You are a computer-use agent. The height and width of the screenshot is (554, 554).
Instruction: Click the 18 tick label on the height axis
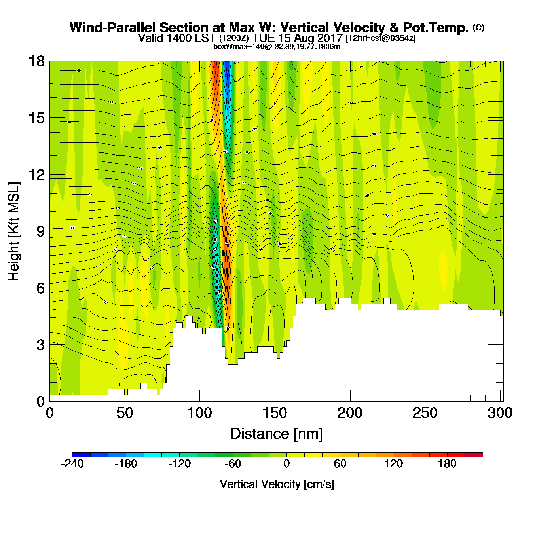coord(36,61)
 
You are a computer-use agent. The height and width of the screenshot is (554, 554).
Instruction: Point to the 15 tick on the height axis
coord(36,118)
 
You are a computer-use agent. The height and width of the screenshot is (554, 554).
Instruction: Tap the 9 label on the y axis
coord(40,231)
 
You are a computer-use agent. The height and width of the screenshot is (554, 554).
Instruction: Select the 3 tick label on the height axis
coord(40,345)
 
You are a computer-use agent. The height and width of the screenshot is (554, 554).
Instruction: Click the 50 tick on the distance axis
coord(125,413)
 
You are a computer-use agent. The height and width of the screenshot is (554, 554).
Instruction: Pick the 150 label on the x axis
coord(275,413)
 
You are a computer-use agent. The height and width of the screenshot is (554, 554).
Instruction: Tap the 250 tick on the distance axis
coord(425,413)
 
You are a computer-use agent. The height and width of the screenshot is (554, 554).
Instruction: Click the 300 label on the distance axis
coord(500,413)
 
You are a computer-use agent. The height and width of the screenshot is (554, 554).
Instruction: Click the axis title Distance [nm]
coord(277,434)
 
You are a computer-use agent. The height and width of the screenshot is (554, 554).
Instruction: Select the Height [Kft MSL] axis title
coord(14,231)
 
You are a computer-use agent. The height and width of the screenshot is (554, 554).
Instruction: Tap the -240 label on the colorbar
coord(72,464)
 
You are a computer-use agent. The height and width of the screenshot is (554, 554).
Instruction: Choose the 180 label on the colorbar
coord(447,464)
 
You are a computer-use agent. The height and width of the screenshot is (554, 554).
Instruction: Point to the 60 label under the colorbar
coord(340,464)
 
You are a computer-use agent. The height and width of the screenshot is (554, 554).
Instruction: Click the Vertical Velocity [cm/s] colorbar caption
coord(277,484)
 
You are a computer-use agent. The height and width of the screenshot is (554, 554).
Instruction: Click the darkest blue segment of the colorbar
coord(81,454)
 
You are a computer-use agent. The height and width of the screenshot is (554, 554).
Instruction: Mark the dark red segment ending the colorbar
coord(474,454)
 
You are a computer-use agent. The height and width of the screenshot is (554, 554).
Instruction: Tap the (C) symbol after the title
coord(478,27)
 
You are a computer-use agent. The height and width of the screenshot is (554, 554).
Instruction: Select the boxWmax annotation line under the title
coord(277,46)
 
